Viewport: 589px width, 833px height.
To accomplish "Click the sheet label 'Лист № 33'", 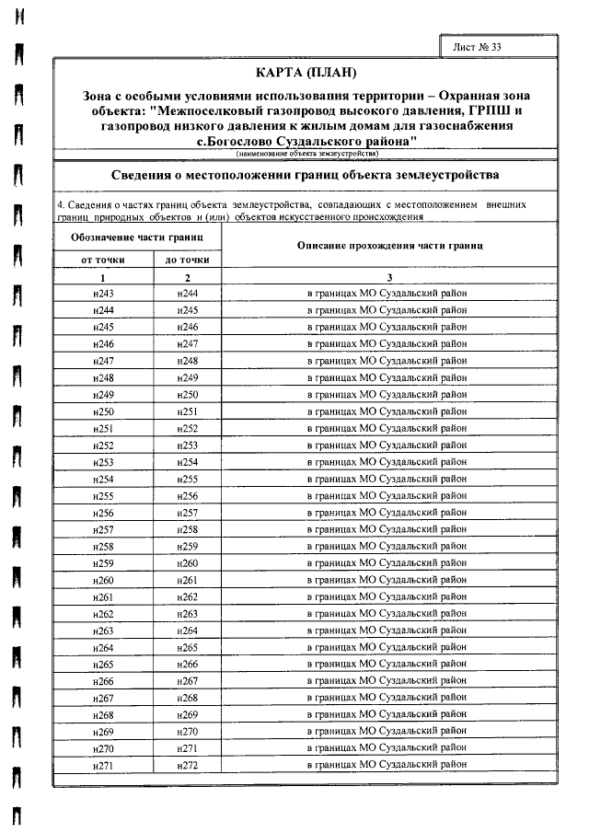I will [x=479, y=46].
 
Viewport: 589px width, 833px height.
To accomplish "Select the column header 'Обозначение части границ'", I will [x=137, y=237].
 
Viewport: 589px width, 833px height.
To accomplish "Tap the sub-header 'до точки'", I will [x=187, y=260].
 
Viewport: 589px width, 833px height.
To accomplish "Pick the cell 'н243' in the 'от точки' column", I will [x=103, y=293].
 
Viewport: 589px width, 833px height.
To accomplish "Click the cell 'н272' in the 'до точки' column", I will [x=188, y=765].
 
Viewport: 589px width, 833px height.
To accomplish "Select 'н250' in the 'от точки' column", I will [x=103, y=411].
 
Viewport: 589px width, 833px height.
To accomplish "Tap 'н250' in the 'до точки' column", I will [x=188, y=394].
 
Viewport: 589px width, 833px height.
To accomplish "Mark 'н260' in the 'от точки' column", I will [x=103, y=580].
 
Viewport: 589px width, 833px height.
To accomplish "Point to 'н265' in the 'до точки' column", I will [x=188, y=647].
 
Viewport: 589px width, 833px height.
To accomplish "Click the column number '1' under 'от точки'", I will [x=103, y=277].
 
